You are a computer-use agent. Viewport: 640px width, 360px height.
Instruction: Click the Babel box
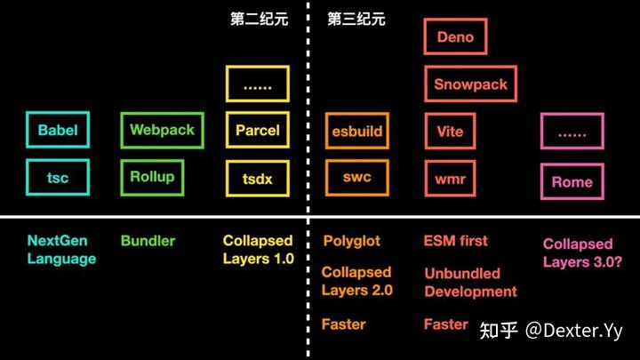click(x=58, y=131)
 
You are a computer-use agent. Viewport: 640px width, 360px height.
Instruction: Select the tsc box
click(x=58, y=178)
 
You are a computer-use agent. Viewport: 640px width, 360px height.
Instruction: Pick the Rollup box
click(x=152, y=176)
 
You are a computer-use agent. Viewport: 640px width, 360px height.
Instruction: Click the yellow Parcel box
click(x=258, y=130)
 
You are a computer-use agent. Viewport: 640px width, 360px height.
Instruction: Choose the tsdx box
click(x=258, y=179)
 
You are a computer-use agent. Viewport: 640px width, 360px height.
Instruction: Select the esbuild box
click(x=357, y=132)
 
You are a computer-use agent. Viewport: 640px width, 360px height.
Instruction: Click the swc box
click(x=357, y=177)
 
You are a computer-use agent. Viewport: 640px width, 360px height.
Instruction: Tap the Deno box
click(x=455, y=37)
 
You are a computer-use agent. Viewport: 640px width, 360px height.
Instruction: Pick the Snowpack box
click(x=471, y=84)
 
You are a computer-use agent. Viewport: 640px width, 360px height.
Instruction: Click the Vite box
click(x=451, y=132)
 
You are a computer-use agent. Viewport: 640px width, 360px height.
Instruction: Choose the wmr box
click(x=451, y=179)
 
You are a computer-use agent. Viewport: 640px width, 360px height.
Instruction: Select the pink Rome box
click(x=572, y=182)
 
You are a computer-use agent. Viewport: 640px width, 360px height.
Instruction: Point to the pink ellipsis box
click(x=572, y=132)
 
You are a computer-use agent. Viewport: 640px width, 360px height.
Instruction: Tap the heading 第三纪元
click(x=356, y=19)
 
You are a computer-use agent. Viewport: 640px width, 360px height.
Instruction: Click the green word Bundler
click(x=148, y=241)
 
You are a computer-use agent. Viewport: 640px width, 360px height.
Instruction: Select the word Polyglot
click(x=351, y=241)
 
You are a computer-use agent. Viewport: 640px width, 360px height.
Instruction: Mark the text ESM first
click(x=456, y=241)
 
